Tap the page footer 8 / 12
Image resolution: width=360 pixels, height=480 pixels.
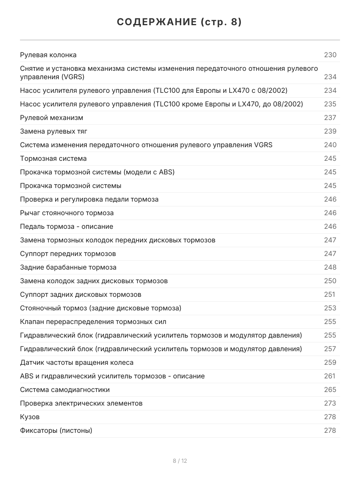180,461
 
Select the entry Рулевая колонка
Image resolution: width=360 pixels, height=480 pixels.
48,55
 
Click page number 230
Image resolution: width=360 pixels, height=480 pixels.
330,55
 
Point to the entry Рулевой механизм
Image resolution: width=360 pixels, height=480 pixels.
52,118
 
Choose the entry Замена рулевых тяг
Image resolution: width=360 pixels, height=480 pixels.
54,131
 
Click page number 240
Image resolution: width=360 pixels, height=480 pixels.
330,145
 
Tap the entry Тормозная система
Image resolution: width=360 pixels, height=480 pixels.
53,158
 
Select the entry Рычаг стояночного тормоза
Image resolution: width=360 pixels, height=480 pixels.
67,213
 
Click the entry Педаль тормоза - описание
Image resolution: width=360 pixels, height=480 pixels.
66,226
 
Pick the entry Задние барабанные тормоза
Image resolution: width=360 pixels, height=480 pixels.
68,267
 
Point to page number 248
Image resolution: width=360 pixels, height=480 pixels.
330,267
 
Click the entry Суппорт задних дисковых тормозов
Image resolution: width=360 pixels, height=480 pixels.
80,294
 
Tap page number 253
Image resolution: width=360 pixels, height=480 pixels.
330,308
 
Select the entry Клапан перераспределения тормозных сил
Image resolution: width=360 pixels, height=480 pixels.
93,322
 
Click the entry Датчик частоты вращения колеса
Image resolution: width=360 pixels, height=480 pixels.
77,362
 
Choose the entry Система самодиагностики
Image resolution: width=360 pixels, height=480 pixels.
65,390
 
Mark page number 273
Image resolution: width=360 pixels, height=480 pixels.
330,403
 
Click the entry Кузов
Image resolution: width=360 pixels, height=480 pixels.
30,417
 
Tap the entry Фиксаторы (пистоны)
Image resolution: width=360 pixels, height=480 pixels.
56,430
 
